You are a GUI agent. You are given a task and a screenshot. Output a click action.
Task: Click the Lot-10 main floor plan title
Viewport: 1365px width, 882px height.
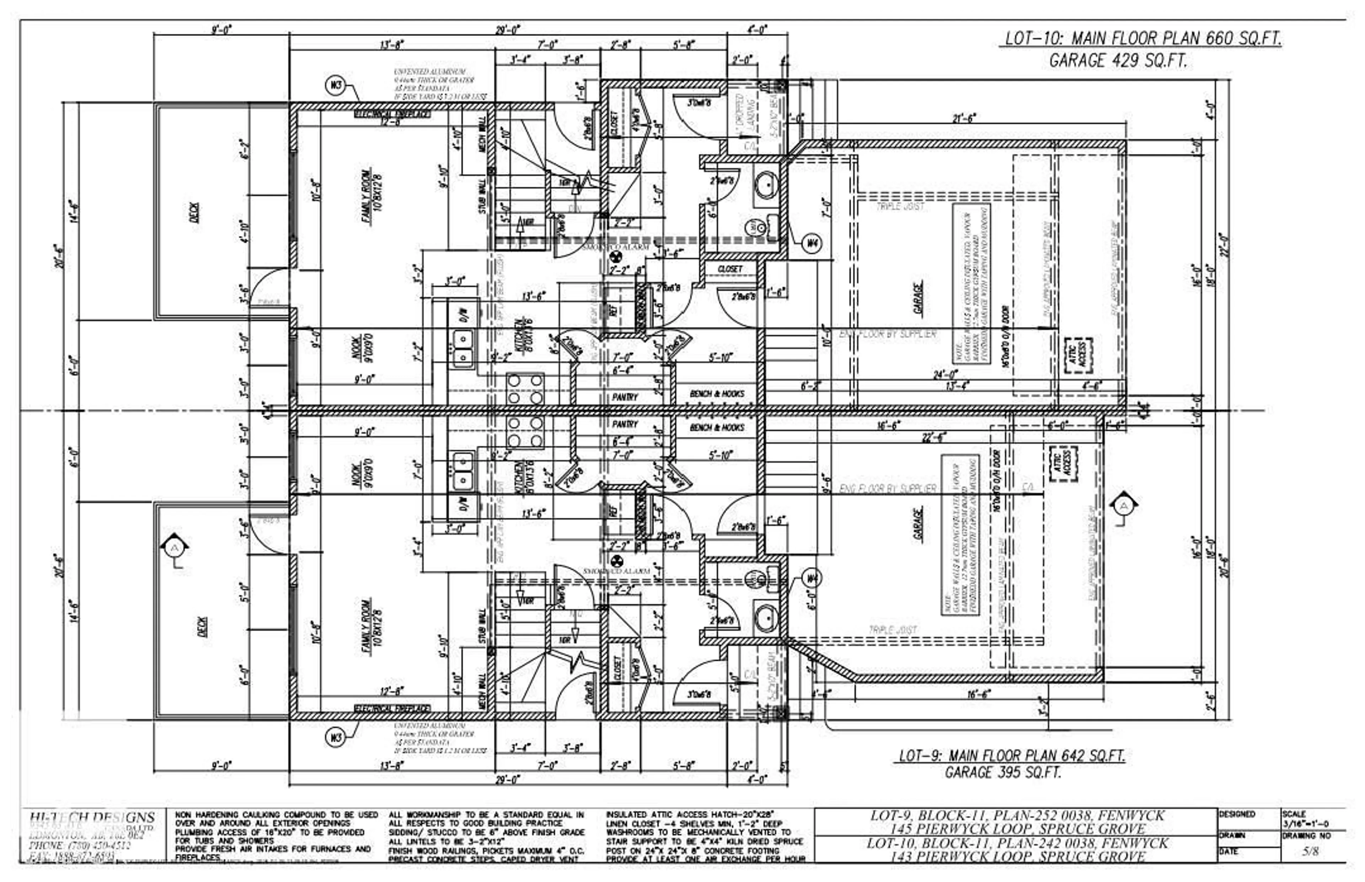point(1143,39)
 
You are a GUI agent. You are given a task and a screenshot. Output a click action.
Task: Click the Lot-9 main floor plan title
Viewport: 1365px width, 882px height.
point(1011,755)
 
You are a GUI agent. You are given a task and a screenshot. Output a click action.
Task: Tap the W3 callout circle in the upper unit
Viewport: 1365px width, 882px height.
point(336,86)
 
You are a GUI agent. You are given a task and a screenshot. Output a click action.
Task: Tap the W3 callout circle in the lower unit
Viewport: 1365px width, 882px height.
point(336,737)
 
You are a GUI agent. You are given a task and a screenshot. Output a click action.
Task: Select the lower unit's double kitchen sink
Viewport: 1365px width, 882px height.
point(463,471)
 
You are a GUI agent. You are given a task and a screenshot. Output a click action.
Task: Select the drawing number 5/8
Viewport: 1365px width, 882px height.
point(1310,852)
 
